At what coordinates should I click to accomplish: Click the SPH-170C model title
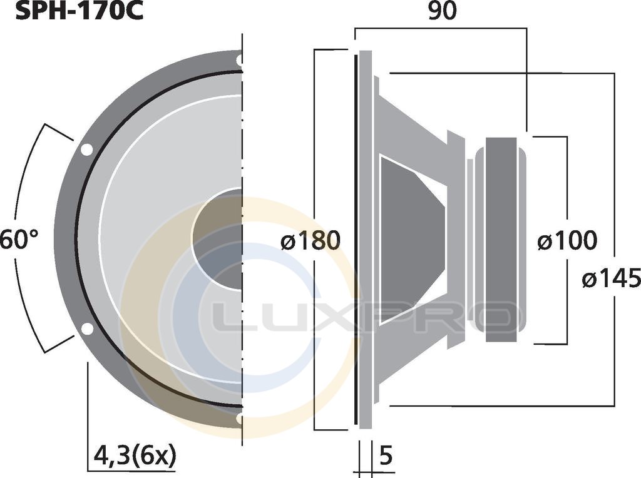point(79,11)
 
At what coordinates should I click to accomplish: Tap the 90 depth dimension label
point(443,11)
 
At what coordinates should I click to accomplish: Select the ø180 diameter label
point(310,240)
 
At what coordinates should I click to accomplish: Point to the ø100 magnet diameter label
point(567,240)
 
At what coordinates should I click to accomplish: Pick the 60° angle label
point(19,240)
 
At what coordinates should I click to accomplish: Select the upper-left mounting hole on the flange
point(86,150)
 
